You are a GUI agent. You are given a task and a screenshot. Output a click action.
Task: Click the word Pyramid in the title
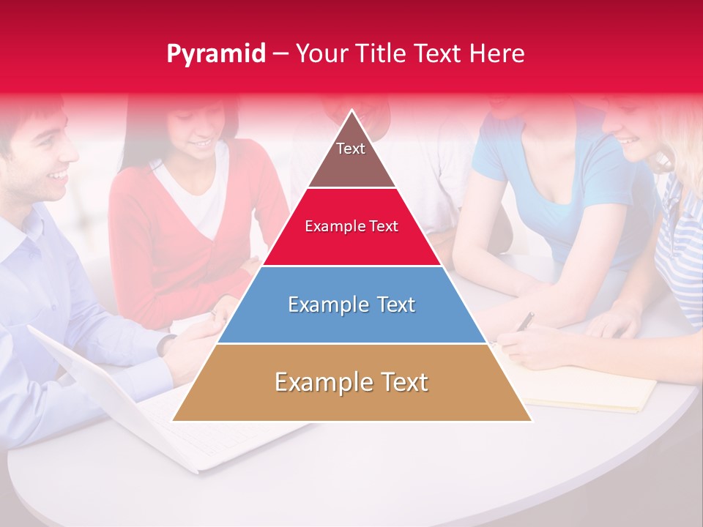[216, 54]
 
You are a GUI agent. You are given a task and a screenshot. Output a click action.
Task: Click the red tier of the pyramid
[351, 245]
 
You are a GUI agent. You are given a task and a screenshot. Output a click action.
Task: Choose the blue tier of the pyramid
[351, 322]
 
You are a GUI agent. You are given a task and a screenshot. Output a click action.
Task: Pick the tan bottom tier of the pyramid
[351, 399]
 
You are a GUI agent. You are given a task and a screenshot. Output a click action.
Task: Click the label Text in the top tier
[350, 149]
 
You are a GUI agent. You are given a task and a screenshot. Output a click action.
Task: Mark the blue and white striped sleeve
[681, 242]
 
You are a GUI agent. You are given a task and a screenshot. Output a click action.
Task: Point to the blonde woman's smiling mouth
[628, 139]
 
